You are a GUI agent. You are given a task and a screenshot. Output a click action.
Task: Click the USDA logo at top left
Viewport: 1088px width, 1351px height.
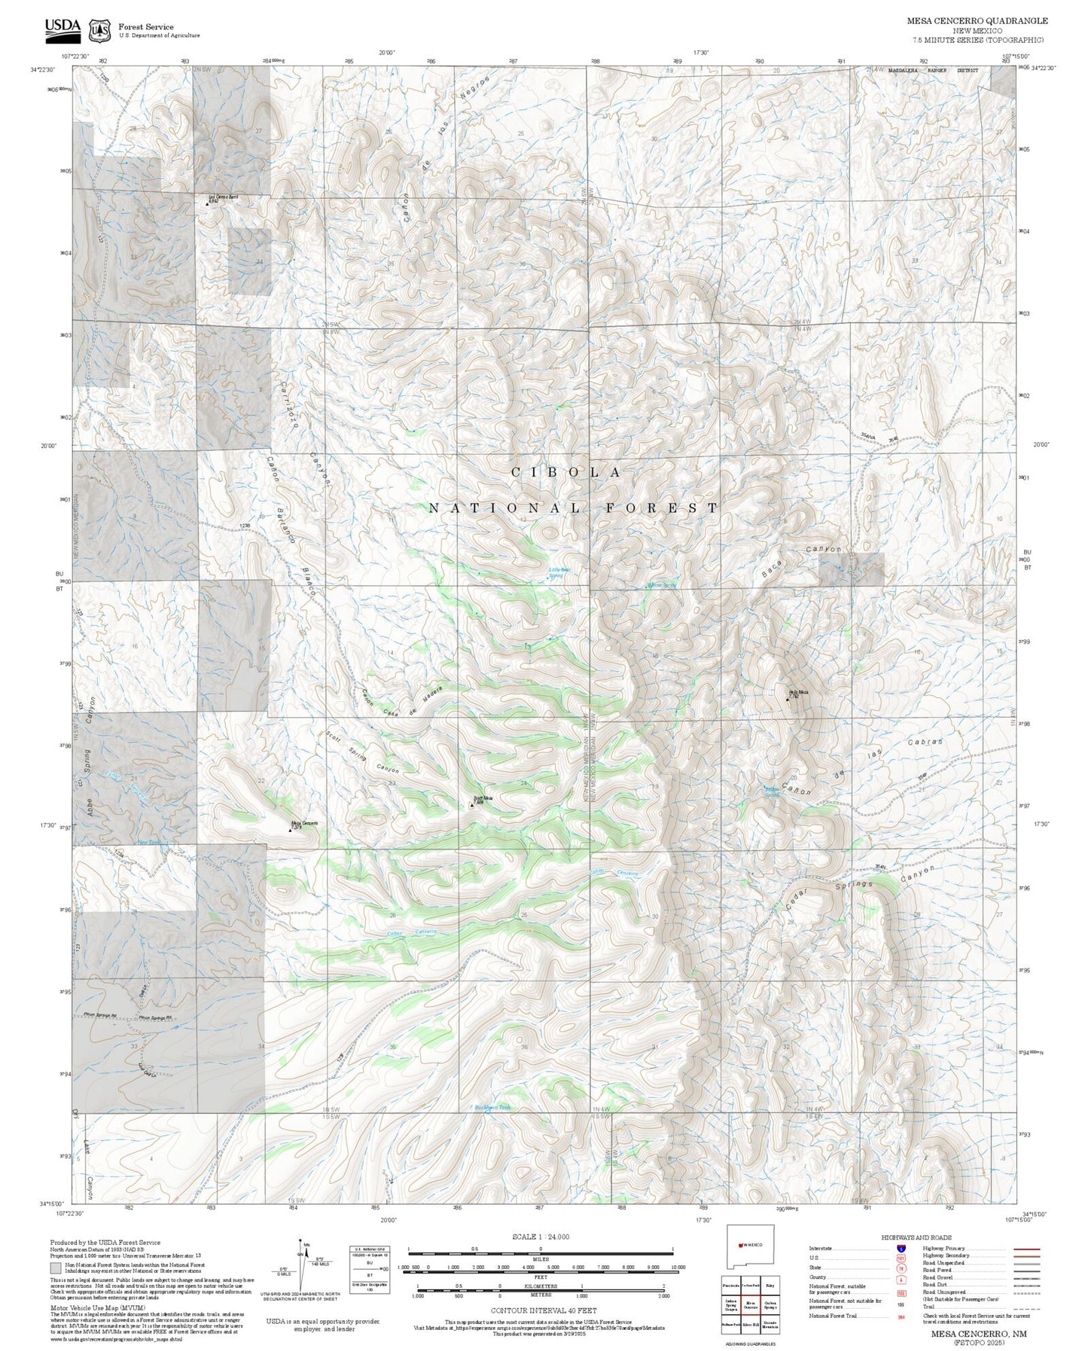(62, 29)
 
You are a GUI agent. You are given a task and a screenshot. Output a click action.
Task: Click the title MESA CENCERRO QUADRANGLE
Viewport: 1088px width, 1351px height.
(977, 21)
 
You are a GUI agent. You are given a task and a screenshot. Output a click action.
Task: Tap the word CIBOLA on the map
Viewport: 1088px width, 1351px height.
(566, 472)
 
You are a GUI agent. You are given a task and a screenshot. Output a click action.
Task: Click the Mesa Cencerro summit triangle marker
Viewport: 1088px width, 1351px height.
(291, 831)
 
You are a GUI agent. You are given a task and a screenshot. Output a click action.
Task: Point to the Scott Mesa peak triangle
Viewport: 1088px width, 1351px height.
(471, 805)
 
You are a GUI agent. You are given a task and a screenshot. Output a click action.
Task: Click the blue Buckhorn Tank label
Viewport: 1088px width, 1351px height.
(493, 1107)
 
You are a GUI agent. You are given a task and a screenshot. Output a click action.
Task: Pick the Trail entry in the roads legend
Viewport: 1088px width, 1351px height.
(928, 1306)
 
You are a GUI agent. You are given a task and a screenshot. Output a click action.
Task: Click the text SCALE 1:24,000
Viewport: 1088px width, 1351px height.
(540, 1237)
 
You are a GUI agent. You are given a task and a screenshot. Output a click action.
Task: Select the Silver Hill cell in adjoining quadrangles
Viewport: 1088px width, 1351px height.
(750, 1323)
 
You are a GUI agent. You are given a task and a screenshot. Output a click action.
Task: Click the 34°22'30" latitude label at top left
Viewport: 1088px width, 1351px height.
(44, 69)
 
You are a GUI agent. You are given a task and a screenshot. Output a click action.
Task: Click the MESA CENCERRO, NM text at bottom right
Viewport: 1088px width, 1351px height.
(978, 1334)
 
